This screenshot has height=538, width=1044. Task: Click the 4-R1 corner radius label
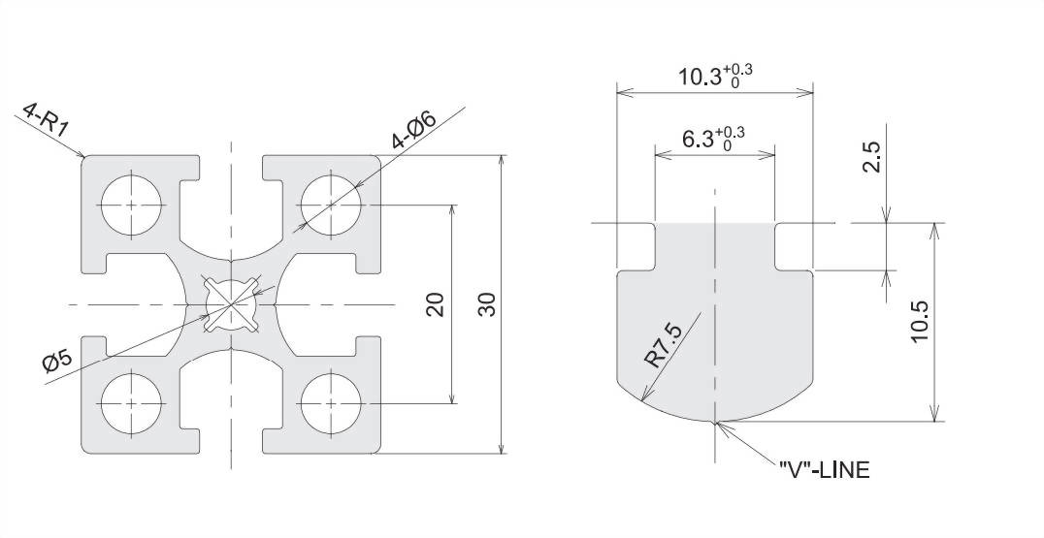(x=47, y=119)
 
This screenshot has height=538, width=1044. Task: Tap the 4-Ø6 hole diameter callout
(x=414, y=130)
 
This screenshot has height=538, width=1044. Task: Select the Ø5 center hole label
(x=57, y=363)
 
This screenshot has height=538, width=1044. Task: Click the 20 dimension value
(x=435, y=304)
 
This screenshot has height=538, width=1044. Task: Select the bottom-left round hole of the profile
(x=132, y=403)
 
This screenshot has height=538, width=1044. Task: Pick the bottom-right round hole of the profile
(x=331, y=403)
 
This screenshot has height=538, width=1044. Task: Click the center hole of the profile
(x=231, y=304)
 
